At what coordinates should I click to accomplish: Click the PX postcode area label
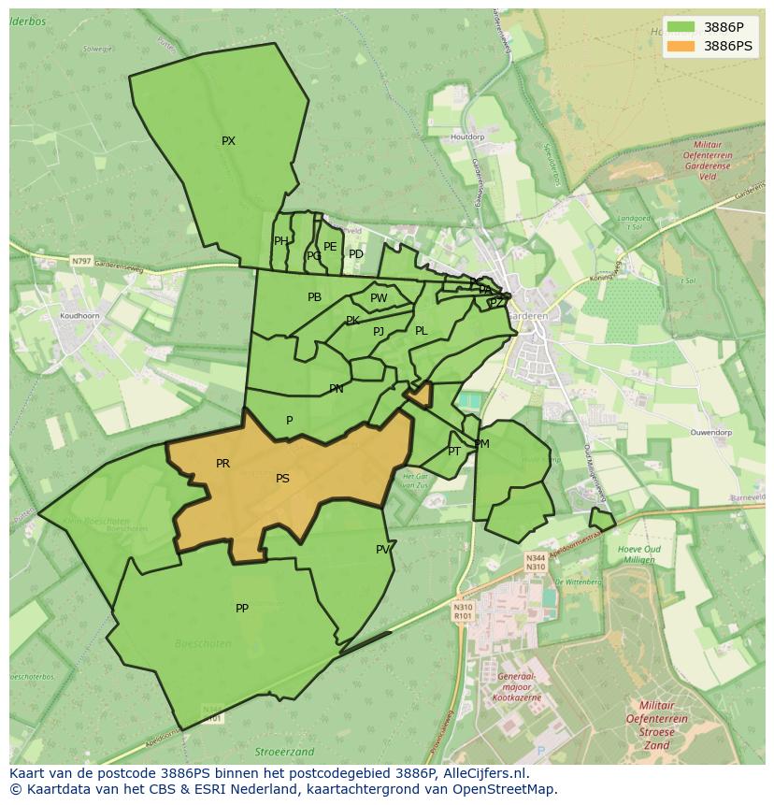click(x=228, y=141)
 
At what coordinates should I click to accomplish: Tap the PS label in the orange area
click(x=282, y=479)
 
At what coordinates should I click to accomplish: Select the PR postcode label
click(x=222, y=464)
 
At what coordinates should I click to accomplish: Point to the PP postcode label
click(x=242, y=609)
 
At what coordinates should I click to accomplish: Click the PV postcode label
click(x=382, y=550)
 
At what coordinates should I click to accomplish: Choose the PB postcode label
click(x=314, y=297)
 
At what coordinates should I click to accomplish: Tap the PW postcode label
click(x=379, y=298)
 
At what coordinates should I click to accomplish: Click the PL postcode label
click(x=421, y=331)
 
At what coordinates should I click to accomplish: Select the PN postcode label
click(x=336, y=389)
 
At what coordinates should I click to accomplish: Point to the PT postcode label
click(x=454, y=452)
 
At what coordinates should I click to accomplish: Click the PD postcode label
click(x=356, y=254)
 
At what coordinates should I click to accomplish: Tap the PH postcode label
click(x=280, y=241)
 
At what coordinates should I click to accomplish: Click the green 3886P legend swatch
click(x=681, y=26)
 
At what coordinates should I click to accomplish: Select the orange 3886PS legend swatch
click(x=681, y=46)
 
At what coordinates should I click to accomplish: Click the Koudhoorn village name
click(x=79, y=316)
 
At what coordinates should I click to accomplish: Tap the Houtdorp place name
click(x=467, y=137)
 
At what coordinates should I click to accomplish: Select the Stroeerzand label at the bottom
click(x=284, y=752)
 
